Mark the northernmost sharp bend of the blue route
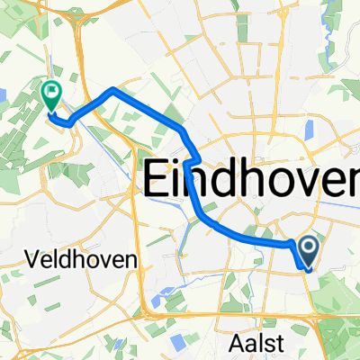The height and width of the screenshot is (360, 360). click(112, 90)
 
